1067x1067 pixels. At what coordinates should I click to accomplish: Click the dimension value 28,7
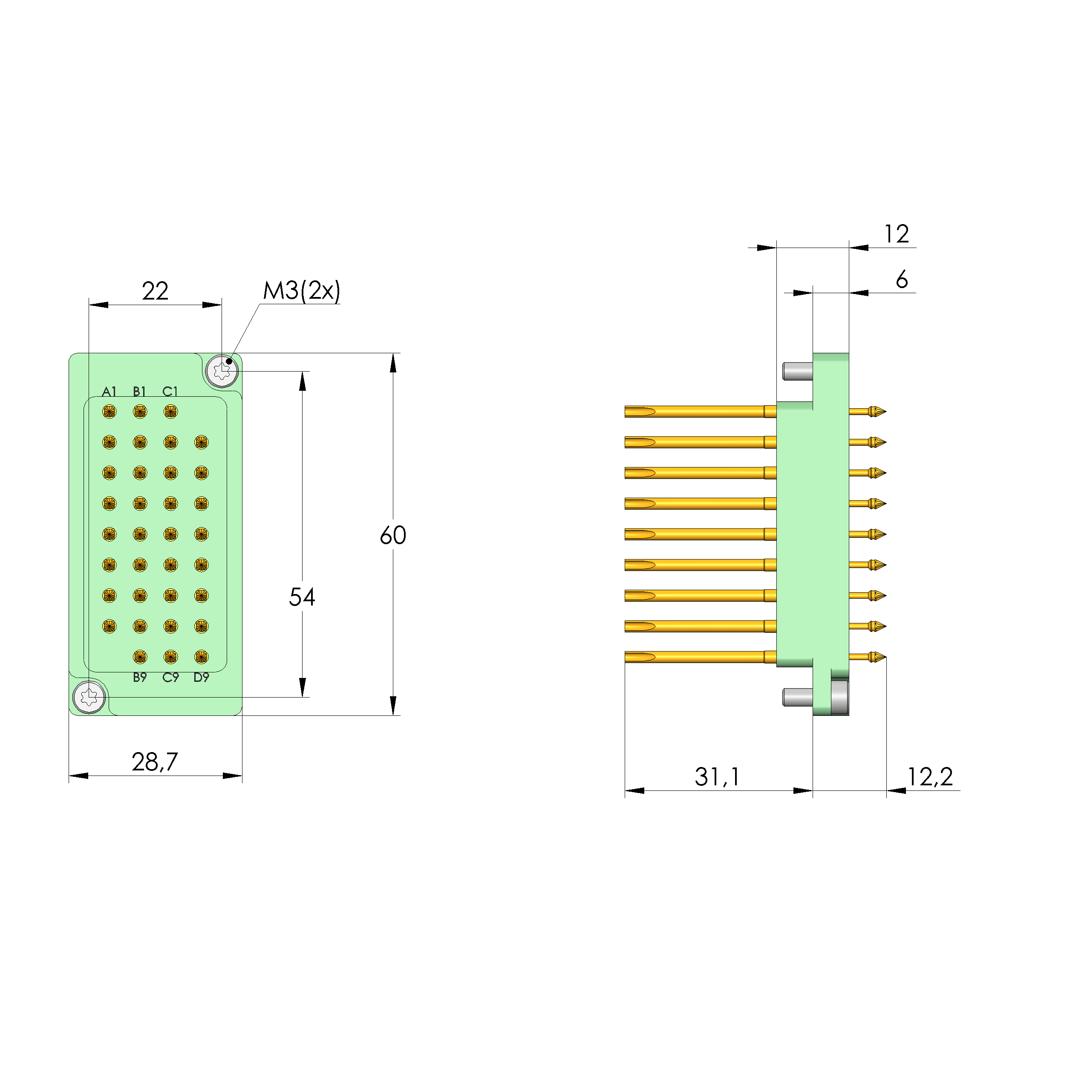pyautogui.click(x=155, y=762)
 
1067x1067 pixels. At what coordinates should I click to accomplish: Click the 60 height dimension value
pyautogui.click(x=393, y=535)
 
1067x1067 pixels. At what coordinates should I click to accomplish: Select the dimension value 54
pyautogui.click(x=302, y=597)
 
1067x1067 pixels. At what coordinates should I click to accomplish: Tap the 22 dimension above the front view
pyautogui.click(x=155, y=291)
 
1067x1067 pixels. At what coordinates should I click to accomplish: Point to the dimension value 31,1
pyautogui.click(x=717, y=777)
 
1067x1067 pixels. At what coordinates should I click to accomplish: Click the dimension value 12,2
pyautogui.click(x=930, y=777)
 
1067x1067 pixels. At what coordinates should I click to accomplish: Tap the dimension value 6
pyautogui.click(x=901, y=280)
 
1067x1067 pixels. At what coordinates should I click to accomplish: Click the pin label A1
pyautogui.click(x=110, y=392)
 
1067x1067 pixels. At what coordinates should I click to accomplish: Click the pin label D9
pyautogui.click(x=201, y=678)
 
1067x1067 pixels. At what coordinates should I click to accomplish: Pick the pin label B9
pyautogui.click(x=140, y=678)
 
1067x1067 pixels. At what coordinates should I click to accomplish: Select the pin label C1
pyautogui.click(x=170, y=392)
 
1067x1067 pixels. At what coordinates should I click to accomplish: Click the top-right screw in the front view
pyautogui.click(x=222, y=371)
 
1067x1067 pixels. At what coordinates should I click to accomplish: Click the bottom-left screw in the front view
pyautogui.click(x=89, y=697)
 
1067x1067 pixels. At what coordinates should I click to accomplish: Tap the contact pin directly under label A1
pyautogui.click(x=110, y=412)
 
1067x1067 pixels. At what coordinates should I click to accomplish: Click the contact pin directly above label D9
pyautogui.click(x=201, y=657)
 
